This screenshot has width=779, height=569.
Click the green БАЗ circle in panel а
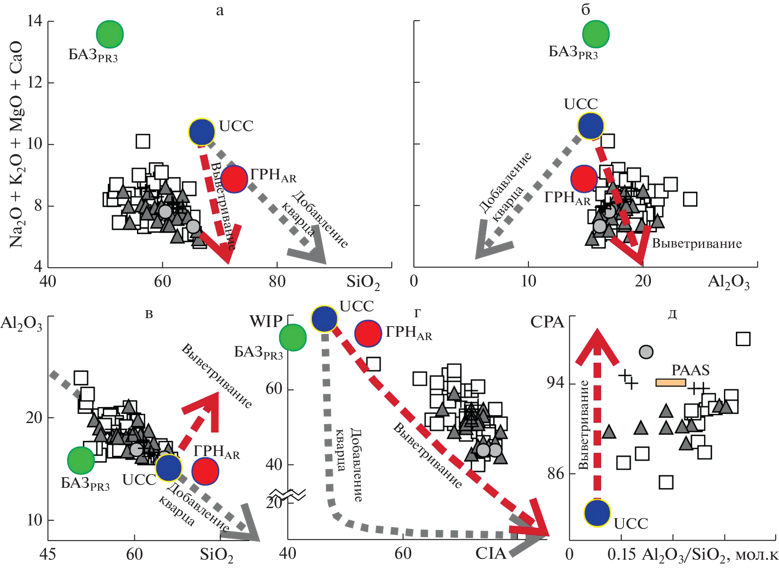click(x=109, y=34)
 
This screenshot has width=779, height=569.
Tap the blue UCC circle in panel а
click(x=202, y=132)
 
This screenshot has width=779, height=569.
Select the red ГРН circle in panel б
click(x=584, y=179)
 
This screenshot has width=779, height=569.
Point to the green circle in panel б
click(x=596, y=34)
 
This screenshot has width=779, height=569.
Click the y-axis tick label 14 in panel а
click(x=35, y=21)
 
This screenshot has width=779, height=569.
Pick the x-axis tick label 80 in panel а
click(x=277, y=281)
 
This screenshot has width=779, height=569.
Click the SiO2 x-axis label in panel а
click(x=363, y=282)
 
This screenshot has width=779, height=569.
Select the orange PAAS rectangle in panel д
click(x=670, y=382)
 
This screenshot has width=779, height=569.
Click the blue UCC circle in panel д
click(x=597, y=513)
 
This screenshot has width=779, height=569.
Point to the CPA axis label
click(x=547, y=322)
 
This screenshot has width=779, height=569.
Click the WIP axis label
click(x=265, y=322)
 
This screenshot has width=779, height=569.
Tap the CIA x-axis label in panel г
click(x=490, y=553)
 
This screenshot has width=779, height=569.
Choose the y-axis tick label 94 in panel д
click(x=555, y=383)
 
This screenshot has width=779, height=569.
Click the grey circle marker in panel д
click(x=646, y=352)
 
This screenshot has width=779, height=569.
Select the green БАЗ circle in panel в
click(x=81, y=460)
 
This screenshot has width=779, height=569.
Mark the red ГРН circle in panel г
click(x=368, y=333)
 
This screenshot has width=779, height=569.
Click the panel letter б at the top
click(x=585, y=9)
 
